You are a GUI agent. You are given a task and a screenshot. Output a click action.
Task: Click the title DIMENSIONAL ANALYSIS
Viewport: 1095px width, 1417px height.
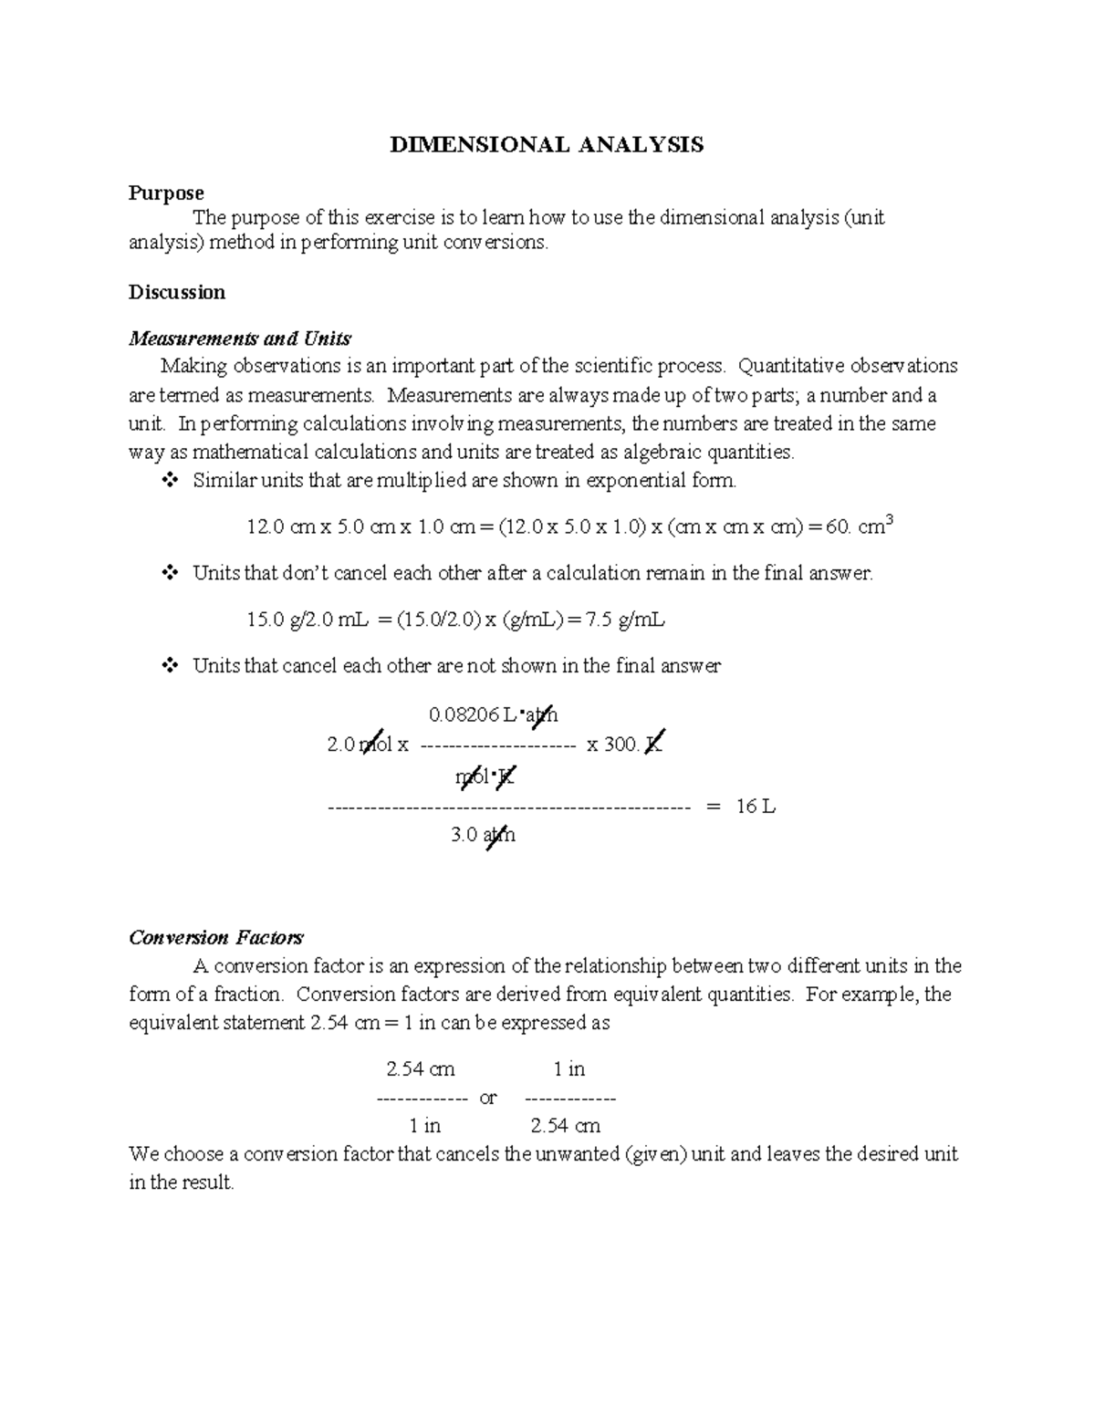(547, 144)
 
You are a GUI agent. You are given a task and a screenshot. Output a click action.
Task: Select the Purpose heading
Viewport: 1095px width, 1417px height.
(165, 193)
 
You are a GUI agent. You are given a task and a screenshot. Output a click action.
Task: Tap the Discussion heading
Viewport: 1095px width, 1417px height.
(176, 292)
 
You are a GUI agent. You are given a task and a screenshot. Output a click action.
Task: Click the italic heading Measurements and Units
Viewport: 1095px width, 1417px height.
(240, 339)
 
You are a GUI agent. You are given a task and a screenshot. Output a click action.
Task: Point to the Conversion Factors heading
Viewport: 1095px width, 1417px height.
(216, 937)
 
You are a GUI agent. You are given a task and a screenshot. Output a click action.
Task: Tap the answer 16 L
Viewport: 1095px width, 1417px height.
(756, 807)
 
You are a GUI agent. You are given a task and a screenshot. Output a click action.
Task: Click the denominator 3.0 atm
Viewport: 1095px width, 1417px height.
(483, 834)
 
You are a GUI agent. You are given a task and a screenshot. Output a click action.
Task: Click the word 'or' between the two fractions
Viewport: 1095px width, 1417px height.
(488, 1098)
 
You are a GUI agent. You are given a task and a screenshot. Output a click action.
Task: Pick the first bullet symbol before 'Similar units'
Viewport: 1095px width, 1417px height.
(170, 480)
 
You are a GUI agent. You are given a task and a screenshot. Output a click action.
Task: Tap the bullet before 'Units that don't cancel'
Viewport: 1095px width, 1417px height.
(170, 573)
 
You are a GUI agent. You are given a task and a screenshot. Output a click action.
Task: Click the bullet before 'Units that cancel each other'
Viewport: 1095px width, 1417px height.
(170, 666)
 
